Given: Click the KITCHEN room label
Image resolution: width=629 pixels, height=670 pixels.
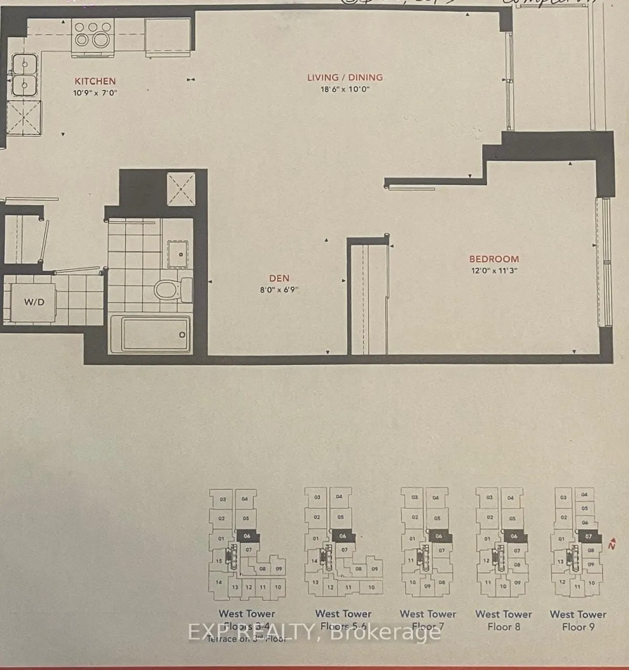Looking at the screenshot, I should (x=95, y=81).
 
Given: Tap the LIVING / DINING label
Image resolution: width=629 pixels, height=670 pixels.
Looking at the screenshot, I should (x=345, y=78).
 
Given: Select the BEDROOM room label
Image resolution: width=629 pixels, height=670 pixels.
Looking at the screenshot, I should (x=494, y=259).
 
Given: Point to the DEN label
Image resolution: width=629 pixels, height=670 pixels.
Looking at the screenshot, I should (x=279, y=279).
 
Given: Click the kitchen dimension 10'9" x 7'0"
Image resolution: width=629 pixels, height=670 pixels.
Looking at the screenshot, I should (x=95, y=93).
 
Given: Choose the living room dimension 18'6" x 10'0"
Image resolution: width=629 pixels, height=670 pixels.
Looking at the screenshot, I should (x=345, y=89).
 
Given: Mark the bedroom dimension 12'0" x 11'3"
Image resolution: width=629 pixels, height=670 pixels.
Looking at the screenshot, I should (x=494, y=271).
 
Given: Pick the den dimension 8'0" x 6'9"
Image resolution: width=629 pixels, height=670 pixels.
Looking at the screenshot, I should (x=279, y=290).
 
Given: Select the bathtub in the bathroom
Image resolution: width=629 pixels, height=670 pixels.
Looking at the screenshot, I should (x=150, y=334).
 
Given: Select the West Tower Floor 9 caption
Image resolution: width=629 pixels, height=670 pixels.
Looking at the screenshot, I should (x=578, y=620).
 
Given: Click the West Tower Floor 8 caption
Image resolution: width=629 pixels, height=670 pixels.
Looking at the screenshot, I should (x=503, y=620).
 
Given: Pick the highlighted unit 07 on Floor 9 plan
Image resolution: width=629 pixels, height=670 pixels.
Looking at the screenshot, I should (x=589, y=536).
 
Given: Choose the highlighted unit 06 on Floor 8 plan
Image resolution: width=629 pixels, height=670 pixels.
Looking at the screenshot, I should (x=514, y=536).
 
